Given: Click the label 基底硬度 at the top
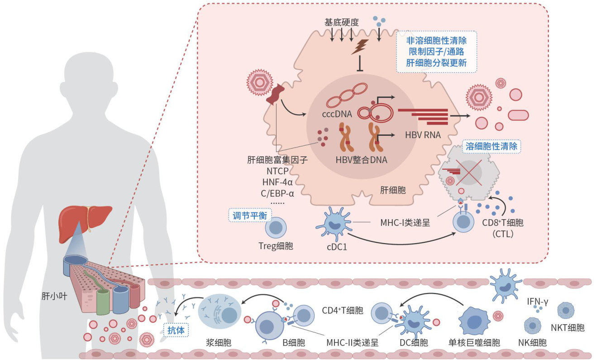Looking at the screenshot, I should (x=342, y=22).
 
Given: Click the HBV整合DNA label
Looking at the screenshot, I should (x=362, y=159).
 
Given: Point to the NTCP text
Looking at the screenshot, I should (x=275, y=171).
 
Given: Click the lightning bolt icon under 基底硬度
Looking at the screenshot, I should (x=361, y=46).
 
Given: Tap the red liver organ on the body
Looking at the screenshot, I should (x=85, y=217).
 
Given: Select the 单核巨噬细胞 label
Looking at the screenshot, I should (x=474, y=343).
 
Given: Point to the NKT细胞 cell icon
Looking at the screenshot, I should (x=566, y=311).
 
